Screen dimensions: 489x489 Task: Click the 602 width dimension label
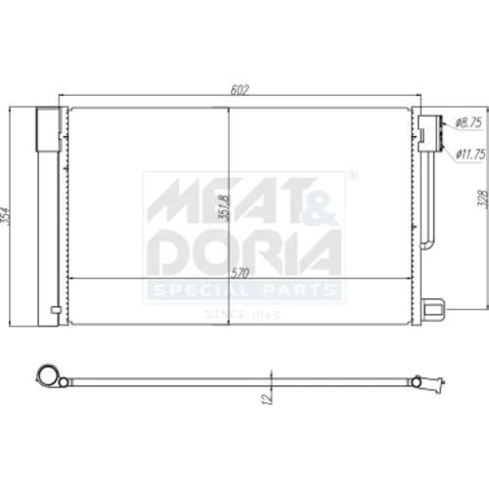tap(240, 90)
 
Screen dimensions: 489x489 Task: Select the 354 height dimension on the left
tap(6, 215)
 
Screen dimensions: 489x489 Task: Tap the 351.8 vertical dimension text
tap(224, 207)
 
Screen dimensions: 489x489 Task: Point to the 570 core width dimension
tap(241, 273)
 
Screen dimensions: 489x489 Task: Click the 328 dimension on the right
tap(483, 199)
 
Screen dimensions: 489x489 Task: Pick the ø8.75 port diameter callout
tap(468, 123)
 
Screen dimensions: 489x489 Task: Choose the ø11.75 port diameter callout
tap(470, 154)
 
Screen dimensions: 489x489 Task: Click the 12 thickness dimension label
tap(267, 398)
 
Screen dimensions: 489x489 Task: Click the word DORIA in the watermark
tap(244, 252)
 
